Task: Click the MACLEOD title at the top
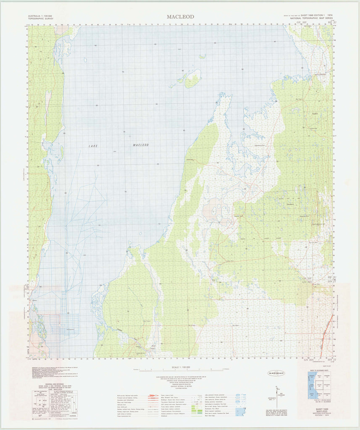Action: point(180,17)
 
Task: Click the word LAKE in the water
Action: point(93,146)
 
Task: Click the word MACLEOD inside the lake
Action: point(141,145)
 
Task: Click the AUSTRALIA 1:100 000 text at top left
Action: point(41,16)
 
